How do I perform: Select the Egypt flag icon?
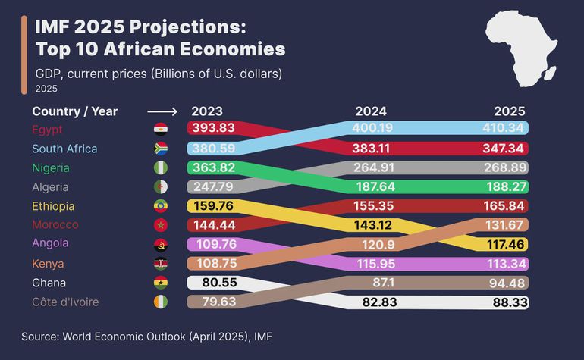161,129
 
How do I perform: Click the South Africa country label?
64,149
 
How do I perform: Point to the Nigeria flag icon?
161,167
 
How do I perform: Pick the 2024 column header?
371,111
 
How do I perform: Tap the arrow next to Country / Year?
162,111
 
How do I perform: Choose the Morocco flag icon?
161,225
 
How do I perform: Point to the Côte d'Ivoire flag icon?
161,302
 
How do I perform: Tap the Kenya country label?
48,264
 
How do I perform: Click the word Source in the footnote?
39,334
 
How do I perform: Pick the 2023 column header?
207,111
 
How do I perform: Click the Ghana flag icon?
161,283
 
